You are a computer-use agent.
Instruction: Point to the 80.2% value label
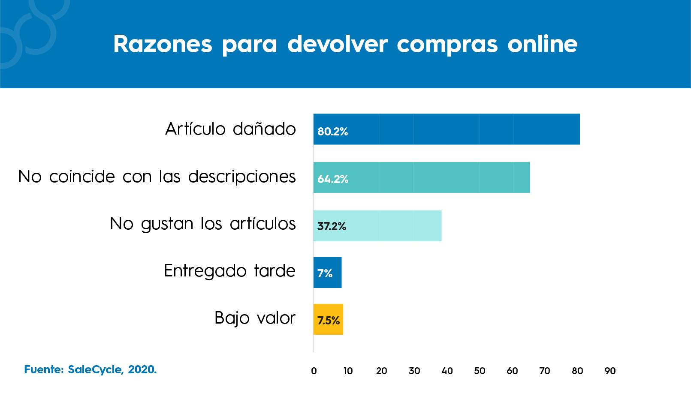332,132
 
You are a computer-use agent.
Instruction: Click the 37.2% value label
332,226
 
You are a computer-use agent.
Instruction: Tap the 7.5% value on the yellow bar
329,321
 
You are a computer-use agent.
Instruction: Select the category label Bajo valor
255,318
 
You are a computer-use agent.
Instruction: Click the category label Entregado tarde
229,271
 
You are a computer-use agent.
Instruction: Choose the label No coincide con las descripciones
157,177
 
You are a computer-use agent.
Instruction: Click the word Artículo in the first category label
195,129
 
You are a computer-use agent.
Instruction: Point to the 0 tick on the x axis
314,371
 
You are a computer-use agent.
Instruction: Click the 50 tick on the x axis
480,371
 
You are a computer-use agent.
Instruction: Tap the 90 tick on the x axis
610,371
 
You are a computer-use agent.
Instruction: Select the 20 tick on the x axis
381,371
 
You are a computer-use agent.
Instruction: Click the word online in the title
542,44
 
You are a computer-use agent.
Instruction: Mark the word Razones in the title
163,44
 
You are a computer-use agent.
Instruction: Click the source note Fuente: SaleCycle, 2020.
91,369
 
